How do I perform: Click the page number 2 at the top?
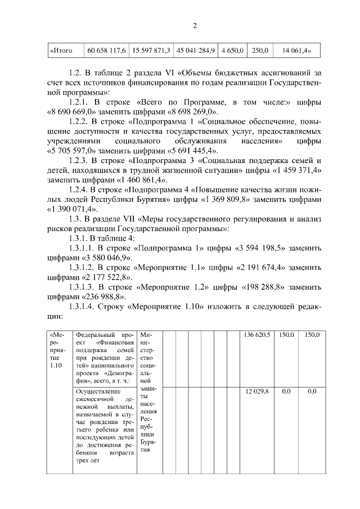point(194,26)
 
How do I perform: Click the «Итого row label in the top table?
point(61,51)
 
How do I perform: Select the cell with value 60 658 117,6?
point(106,51)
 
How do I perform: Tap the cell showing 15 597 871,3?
point(151,51)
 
